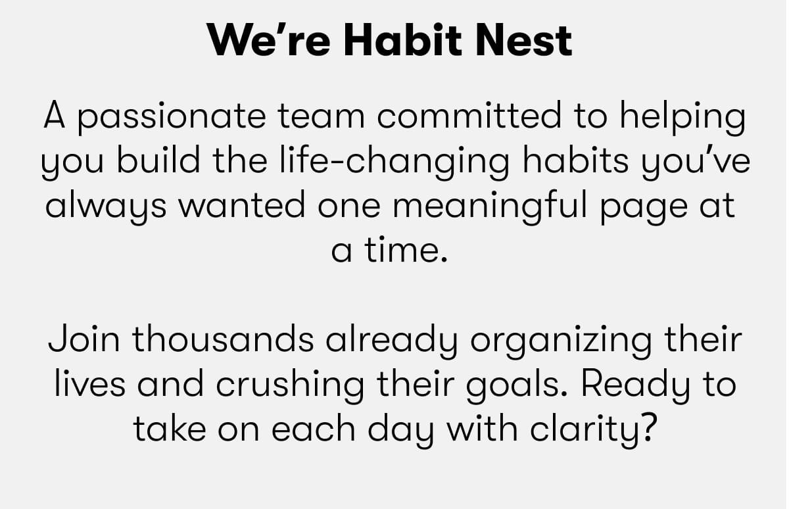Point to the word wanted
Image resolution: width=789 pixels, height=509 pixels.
[243, 206]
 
